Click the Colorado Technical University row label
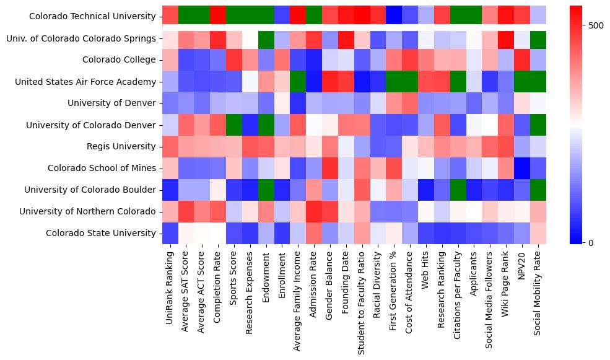point(92,17)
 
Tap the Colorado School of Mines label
point(102,168)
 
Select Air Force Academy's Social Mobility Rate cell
point(539,81)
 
